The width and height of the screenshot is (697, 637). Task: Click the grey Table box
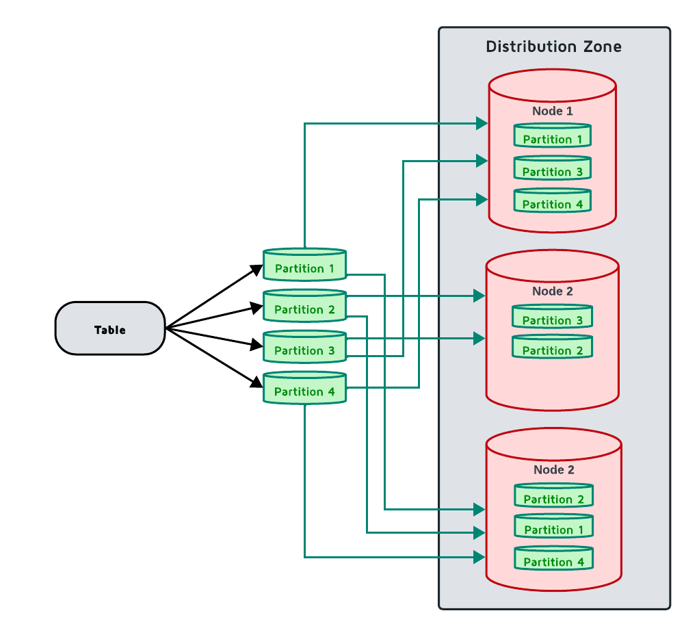pos(110,329)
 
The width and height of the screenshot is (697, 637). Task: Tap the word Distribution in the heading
pos(531,47)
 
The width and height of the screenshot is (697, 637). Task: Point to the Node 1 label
pos(552,111)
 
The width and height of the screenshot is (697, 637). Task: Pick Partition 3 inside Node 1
pos(552,170)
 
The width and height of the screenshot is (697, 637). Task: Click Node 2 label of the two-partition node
pos(552,291)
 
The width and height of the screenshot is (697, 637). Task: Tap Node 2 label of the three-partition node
pos(553,470)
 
